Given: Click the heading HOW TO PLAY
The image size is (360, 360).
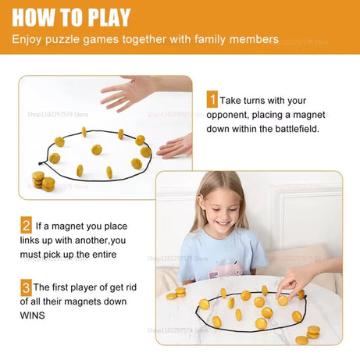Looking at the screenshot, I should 71,16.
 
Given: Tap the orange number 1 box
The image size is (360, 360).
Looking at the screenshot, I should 212,100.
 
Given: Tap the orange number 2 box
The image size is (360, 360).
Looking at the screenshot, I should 26,226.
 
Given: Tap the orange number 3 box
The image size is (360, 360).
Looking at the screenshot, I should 26,287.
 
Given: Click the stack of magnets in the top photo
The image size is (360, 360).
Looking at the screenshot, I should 43,181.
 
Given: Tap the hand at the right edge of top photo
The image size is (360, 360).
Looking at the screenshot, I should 177,145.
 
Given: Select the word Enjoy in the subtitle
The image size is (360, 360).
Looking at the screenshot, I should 30,38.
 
